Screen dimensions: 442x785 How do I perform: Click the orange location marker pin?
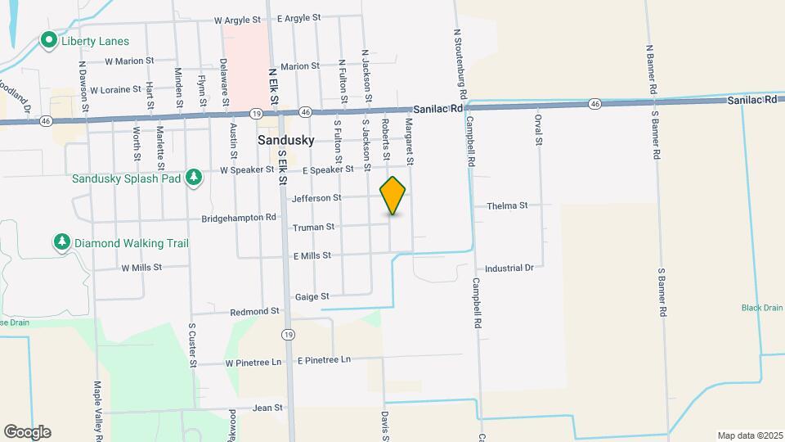(393, 196)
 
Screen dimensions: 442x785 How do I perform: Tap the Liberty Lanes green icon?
(49, 39)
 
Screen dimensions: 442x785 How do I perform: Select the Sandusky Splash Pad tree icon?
(194, 177)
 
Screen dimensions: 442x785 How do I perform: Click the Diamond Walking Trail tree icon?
(61, 242)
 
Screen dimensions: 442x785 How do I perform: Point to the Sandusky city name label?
(285, 140)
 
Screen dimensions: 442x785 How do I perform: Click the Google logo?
(27, 431)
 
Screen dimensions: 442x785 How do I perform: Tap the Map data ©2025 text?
(750, 435)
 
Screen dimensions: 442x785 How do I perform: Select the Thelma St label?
(507, 206)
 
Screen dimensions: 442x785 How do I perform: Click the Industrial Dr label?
(509, 268)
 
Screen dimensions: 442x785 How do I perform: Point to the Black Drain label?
(762, 308)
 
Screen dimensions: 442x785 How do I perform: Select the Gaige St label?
(312, 296)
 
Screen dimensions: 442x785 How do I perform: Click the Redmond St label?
(255, 312)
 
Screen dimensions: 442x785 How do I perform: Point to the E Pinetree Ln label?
(324, 360)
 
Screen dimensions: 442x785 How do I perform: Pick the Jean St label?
(267, 407)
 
